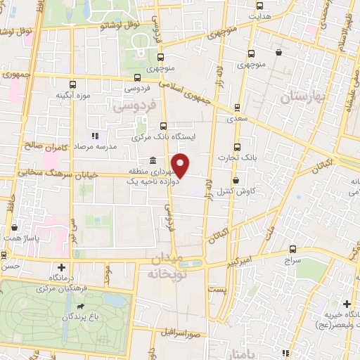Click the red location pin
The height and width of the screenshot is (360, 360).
pyautogui.click(x=181, y=165)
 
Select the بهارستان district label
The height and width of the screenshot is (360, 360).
pyautogui.click(x=304, y=98)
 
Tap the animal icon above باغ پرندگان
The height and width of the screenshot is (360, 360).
pyautogui.click(x=83, y=307)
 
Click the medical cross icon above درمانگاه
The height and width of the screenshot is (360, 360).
pyautogui.click(x=62, y=267)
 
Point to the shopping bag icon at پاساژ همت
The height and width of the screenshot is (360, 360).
pyautogui.click(x=14, y=227)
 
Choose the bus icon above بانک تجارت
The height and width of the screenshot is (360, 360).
pyautogui.click(x=237, y=148)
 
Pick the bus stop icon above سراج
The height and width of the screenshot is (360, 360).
pyautogui.click(x=293, y=250)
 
